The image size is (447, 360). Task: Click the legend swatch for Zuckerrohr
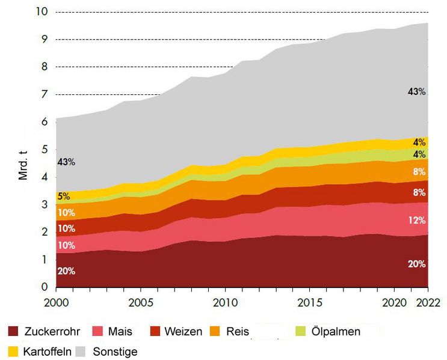point(13,331)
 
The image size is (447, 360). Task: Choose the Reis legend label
point(238,331)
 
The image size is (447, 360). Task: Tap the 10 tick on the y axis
point(42,12)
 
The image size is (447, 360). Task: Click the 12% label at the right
point(418,220)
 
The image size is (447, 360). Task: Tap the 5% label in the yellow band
point(63,195)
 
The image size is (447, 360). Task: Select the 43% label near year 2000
point(66,162)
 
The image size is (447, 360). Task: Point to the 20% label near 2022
point(416,264)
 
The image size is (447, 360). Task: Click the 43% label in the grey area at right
point(416,92)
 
